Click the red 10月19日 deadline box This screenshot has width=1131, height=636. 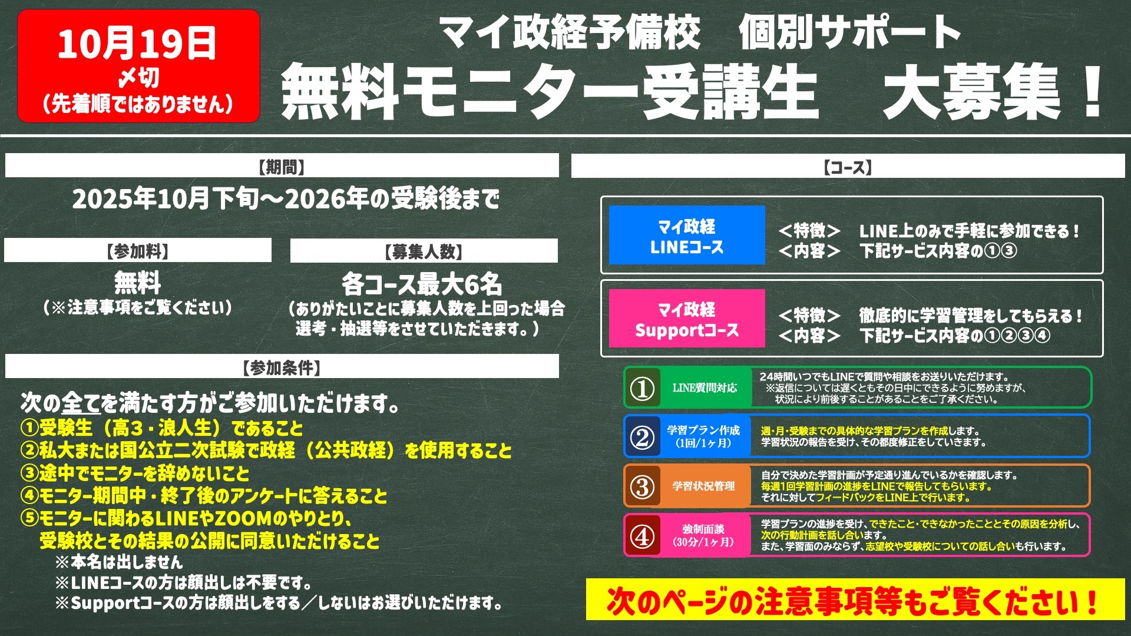(138, 66)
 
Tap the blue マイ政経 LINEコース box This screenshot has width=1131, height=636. (687, 235)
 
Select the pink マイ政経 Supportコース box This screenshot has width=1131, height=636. (687, 319)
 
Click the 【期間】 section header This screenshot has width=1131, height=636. (282, 166)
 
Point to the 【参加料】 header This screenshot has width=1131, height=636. (138, 250)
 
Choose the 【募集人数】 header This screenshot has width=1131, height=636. (424, 251)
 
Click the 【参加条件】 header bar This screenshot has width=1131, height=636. (282, 366)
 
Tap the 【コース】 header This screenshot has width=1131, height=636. (848, 166)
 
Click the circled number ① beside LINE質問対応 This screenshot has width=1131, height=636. (642, 388)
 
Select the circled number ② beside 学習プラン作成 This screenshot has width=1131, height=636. (642, 436)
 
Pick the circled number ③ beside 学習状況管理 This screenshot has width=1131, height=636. (642, 486)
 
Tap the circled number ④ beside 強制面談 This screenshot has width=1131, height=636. (642, 535)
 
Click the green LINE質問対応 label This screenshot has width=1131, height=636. (705, 388)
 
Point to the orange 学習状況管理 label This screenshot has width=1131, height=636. (704, 486)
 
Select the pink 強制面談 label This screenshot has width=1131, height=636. (704, 535)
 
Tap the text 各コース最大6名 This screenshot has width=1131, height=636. (422, 284)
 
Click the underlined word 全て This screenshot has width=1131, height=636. (81, 403)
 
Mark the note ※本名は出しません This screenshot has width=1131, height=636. (118, 561)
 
